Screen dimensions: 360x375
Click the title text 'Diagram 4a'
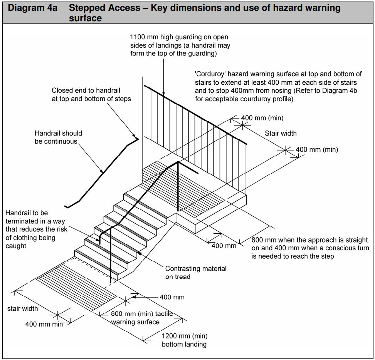click(x=32, y=8)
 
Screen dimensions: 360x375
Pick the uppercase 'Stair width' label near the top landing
click(x=281, y=134)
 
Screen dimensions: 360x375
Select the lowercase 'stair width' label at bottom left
click(x=23, y=308)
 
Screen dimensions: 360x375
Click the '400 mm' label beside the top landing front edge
click(x=224, y=246)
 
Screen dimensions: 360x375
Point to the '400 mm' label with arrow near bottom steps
click(x=172, y=297)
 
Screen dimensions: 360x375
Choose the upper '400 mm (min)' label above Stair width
click(x=262, y=118)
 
